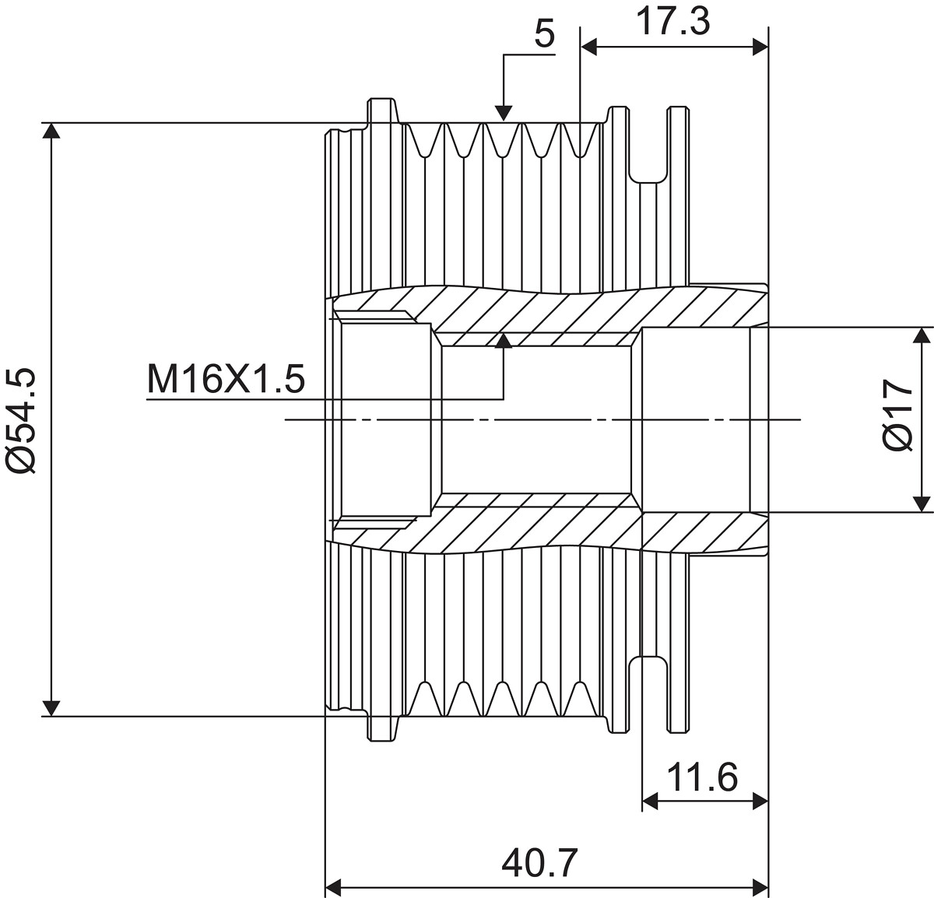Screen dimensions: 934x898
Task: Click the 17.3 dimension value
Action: tap(672, 22)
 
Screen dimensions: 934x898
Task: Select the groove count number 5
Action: tap(545, 34)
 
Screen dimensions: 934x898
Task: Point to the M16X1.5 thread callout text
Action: tap(226, 379)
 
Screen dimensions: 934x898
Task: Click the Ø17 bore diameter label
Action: tap(898, 416)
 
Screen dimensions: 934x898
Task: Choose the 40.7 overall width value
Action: tap(539, 862)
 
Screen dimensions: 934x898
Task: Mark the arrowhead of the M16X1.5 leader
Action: tap(504, 341)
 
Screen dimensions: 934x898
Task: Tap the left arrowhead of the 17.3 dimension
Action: tap(589, 47)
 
